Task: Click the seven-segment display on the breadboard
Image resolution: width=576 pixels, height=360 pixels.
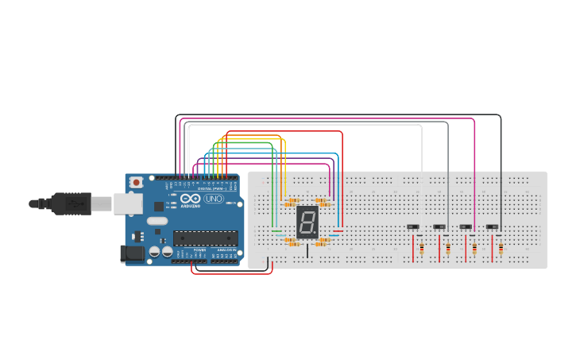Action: (307, 223)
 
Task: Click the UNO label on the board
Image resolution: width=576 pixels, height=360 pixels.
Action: (214, 199)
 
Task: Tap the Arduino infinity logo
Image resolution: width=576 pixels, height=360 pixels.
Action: (191, 199)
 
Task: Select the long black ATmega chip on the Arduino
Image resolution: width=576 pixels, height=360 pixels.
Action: (205, 237)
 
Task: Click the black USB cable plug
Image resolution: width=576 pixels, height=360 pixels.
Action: (68, 204)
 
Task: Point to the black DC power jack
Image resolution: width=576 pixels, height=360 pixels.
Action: (132, 254)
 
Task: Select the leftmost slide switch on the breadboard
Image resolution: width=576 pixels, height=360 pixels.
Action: (413, 227)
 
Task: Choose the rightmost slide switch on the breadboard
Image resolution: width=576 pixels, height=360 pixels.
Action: (492, 227)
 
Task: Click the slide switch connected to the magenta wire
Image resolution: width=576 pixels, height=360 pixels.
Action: (466, 227)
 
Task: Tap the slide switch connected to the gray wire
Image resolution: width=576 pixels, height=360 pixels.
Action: (439, 227)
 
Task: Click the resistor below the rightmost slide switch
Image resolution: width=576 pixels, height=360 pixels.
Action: (501, 250)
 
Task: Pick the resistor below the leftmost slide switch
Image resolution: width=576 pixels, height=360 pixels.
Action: (421, 250)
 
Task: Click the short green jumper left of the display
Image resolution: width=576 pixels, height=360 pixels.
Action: (276, 231)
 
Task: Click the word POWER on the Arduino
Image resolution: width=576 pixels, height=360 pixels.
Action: (199, 250)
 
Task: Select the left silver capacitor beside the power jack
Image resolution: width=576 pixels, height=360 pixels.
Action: (155, 252)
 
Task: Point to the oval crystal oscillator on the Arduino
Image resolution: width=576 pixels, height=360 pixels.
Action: (157, 221)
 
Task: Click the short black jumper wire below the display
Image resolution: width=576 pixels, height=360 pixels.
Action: (308, 250)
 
